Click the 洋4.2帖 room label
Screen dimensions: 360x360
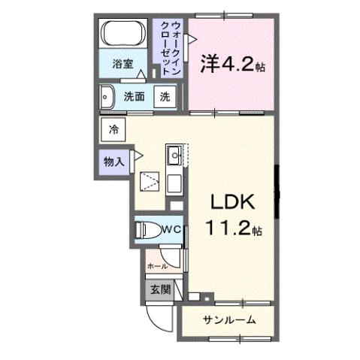tap(230, 66)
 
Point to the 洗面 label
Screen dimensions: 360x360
tap(135, 96)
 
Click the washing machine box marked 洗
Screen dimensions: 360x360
tap(165, 96)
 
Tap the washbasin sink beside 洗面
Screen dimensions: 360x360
tap(107, 96)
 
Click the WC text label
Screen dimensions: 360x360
tap(169, 228)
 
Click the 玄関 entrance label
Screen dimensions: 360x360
tap(159, 290)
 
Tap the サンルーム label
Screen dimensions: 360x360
tap(229, 321)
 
